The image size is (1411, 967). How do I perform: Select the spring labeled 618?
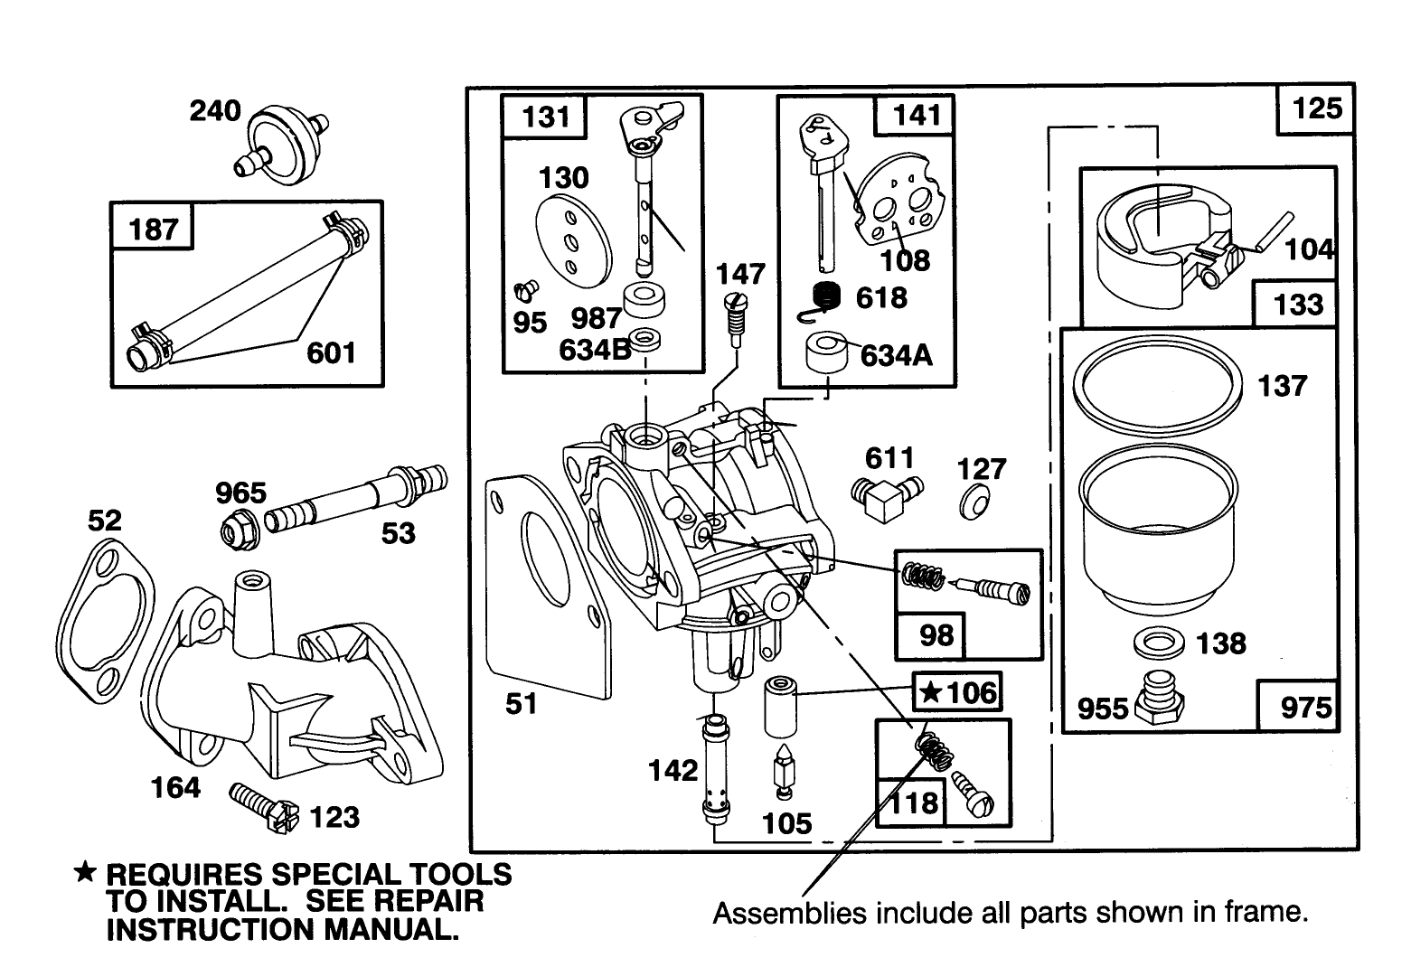[x=824, y=298]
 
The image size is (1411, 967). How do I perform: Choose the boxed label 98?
[x=936, y=634]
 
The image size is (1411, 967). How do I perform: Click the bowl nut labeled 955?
[x=1160, y=699]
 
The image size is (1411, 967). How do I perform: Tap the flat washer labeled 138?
[x=1159, y=646]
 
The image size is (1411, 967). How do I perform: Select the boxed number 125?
[x=1316, y=108]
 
